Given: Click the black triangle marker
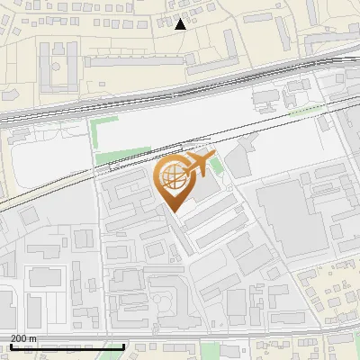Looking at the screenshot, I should pyautogui.click(x=181, y=24).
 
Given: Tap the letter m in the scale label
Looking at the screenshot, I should pyautogui.click(x=33, y=338).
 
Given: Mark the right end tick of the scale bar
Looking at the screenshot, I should pyautogui.click(x=123, y=346).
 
